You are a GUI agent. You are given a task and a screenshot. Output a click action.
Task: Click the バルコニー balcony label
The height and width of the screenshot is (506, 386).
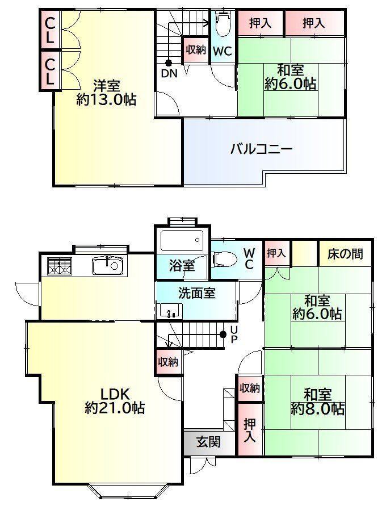point(261,149)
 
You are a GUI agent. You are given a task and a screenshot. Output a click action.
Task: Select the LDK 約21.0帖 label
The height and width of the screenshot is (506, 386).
point(115,401)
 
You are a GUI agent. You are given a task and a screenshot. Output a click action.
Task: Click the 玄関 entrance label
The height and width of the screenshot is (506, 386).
point(209,442)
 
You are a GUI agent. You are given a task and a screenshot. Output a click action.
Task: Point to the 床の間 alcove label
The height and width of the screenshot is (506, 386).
point(345,254)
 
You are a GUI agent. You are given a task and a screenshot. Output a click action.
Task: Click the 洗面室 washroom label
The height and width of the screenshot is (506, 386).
point(197,293)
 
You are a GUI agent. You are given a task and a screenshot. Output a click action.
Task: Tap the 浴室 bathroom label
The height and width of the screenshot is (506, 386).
point(182,265)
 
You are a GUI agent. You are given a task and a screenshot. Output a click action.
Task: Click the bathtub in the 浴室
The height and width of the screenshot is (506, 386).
point(182,240)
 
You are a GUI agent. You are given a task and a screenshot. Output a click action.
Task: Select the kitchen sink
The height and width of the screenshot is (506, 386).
point(108,266)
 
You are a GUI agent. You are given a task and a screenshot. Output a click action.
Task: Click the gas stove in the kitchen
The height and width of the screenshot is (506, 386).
point(60,266)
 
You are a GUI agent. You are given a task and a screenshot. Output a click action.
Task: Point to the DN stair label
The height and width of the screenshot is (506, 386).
point(169,74)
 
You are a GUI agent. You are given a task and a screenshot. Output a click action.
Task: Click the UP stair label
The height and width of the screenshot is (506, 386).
point(234,335)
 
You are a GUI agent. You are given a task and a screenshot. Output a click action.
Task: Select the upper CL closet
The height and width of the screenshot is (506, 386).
point(49,30)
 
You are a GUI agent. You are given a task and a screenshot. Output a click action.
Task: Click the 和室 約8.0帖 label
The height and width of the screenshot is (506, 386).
point(318,402)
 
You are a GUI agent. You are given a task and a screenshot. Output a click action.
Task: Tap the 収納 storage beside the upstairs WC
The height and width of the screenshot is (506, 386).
point(196,50)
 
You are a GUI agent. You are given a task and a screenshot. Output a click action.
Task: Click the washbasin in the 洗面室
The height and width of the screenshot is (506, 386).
point(169,311)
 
